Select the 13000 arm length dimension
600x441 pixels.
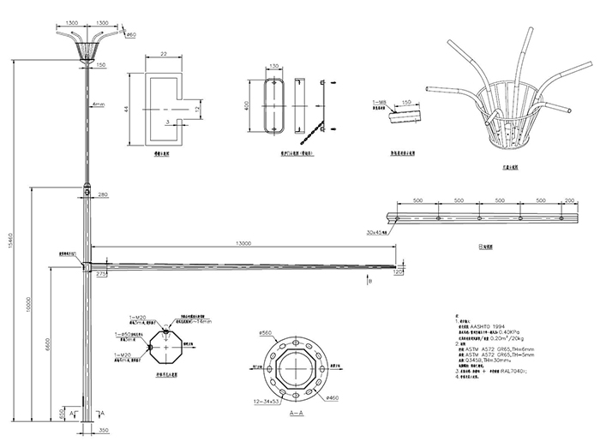(x=244, y=244)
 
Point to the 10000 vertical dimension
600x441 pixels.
(x=29, y=306)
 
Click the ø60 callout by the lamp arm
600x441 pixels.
(x=131, y=35)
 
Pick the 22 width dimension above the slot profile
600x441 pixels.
(x=163, y=54)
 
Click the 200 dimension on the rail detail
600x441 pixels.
(x=571, y=200)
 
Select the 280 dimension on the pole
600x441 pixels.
(x=102, y=196)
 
